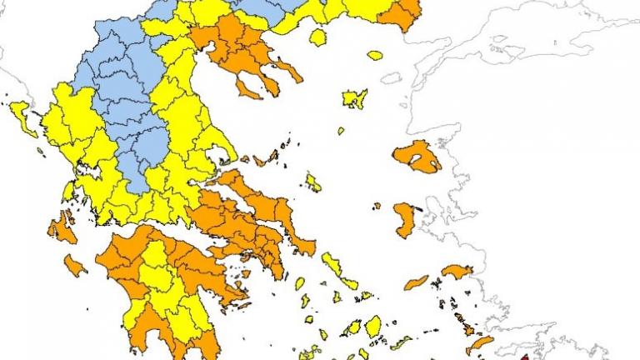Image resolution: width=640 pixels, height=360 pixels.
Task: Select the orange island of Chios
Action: click(406, 219)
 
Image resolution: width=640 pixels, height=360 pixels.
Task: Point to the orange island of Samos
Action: click(457, 272)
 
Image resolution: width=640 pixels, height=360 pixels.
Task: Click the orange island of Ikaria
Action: click(416, 282)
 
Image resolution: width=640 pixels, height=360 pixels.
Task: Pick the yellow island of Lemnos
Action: click(355, 98)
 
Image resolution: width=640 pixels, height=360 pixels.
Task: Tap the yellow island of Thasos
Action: click(317, 37)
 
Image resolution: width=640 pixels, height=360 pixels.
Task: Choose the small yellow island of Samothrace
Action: click(375, 56)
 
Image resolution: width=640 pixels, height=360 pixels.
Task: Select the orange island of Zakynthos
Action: click(75, 266)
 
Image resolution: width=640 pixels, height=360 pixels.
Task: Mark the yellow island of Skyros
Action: click(313, 182)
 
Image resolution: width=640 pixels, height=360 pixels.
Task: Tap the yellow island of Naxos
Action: click(372, 325)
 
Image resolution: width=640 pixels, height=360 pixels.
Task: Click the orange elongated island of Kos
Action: click(478, 344)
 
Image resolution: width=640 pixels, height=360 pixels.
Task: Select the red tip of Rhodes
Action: click(524, 356)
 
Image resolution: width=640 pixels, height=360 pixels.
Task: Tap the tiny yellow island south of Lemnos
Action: click(341, 131)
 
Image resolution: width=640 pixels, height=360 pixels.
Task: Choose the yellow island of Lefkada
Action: click(68, 191)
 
